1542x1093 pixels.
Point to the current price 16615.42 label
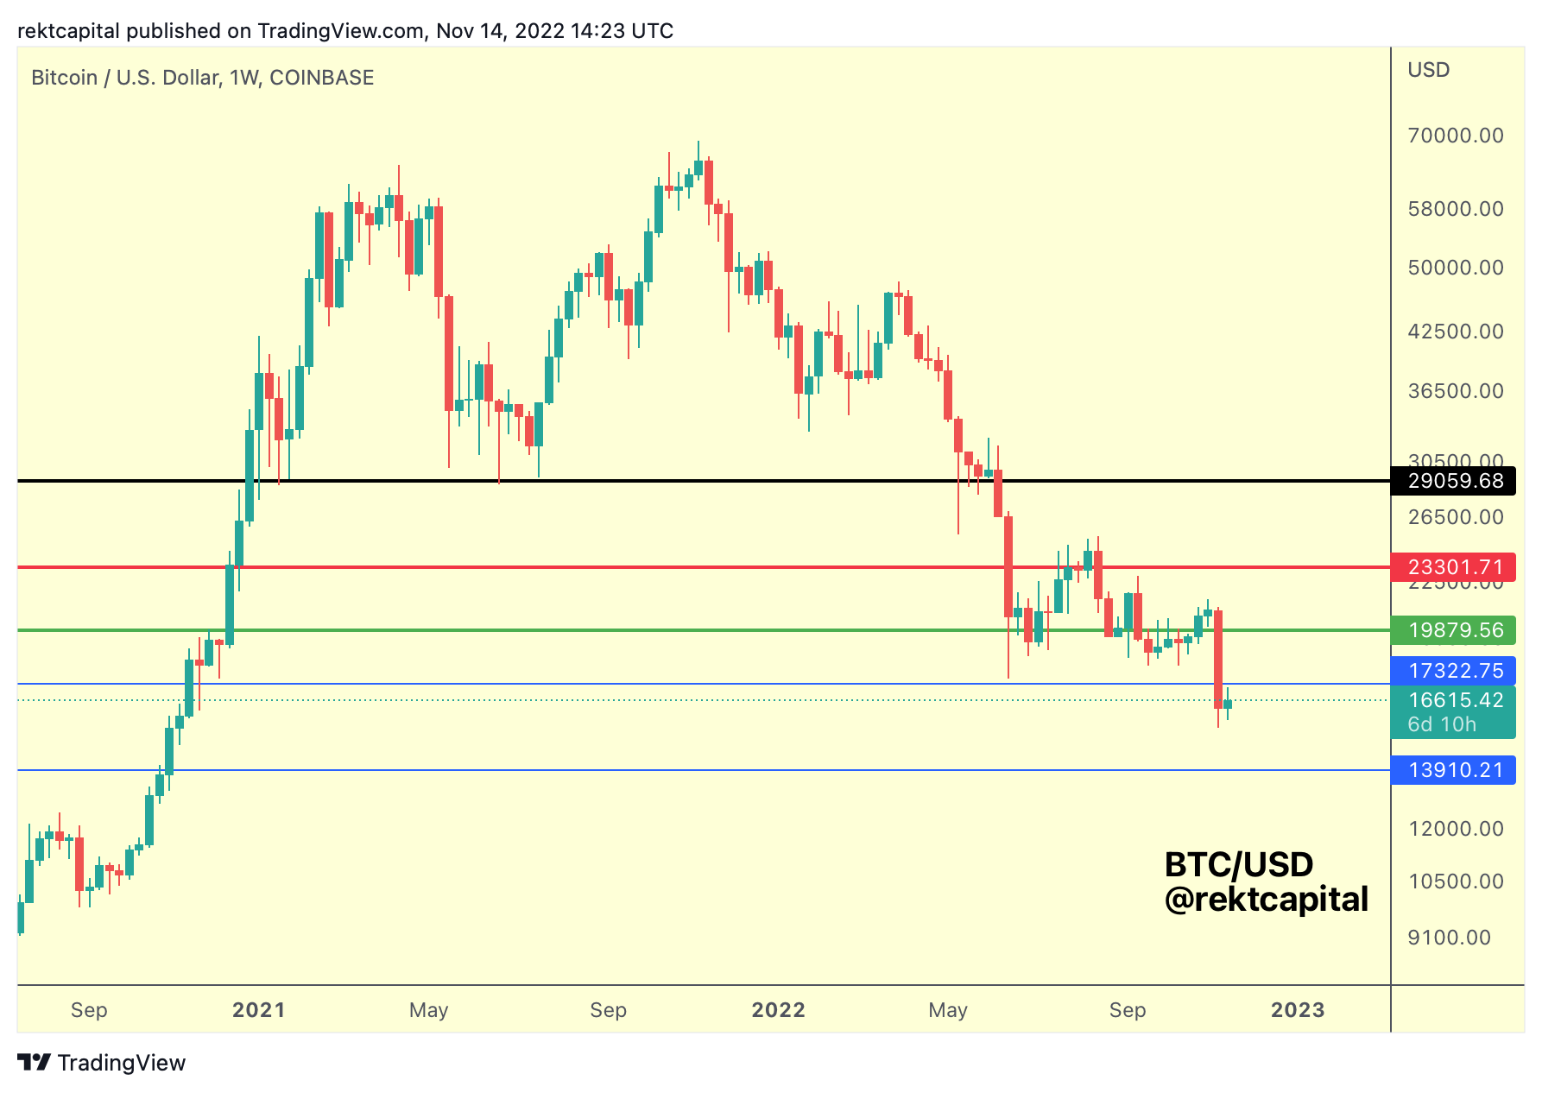1455,700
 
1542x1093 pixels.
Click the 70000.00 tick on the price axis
1455,136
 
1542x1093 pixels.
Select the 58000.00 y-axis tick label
1455,209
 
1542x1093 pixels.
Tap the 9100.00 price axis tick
1449,938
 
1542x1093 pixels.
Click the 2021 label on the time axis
258,1010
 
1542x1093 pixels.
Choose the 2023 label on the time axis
1297,1010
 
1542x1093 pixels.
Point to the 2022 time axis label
778,1010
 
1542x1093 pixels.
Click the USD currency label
1428,70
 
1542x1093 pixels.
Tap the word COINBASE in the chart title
321,78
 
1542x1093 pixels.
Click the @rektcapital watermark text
1266,900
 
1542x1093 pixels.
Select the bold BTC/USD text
1238,864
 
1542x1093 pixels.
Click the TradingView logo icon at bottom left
35,1063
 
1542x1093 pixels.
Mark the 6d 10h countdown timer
1442,724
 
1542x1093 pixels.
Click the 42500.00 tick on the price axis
1455,332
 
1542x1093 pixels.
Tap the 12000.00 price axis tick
1455,829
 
